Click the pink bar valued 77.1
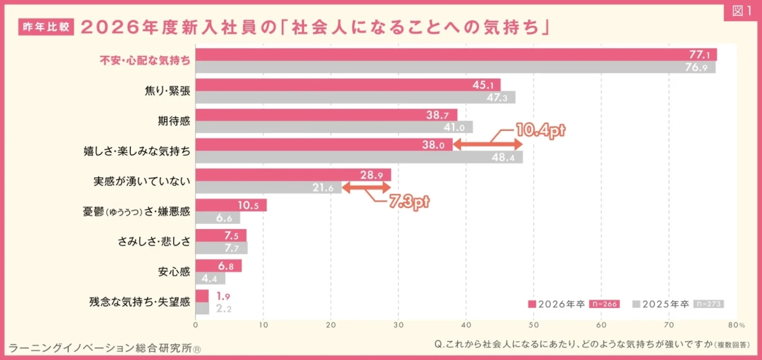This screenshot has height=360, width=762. pyautogui.click(x=455, y=55)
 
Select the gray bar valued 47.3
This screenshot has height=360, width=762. pyautogui.click(x=355, y=97)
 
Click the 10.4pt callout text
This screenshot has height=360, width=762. pyautogui.click(x=539, y=130)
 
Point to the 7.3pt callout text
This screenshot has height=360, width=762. pyautogui.click(x=409, y=203)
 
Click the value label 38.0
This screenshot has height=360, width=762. pyautogui.click(x=433, y=144)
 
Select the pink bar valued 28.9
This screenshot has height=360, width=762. pyautogui.click(x=293, y=175)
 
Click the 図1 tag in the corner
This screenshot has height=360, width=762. pyautogui.click(x=742, y=13)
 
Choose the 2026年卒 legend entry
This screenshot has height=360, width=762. pyautogui.click(x=557, y=304)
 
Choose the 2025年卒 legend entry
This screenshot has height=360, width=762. pyautogui.click(x=661, y=304)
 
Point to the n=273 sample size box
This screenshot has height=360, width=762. pyautogui.click(x=708, y=304)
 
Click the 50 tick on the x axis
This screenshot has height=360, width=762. pyautogui.click(x=534, y=325)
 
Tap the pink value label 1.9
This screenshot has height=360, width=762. pyautogui.click(x=223, y=296)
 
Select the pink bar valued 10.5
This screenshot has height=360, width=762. pyautogui.click(x=231, y=205)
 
